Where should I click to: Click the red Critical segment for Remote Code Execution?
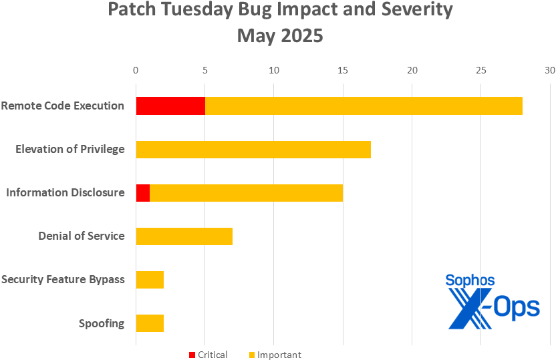coord(170,106)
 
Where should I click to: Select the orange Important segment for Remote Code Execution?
coord(364,106)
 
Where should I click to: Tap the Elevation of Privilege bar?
coord(253,149)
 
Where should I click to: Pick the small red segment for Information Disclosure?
coord(143,192)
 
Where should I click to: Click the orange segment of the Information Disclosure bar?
coord(246,192)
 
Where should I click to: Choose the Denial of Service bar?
coord(184,236)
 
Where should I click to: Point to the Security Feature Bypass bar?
coord(150,279)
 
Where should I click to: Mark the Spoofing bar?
coord(150,323)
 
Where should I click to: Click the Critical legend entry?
coord(208,355)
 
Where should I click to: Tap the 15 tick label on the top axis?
coord(343,69)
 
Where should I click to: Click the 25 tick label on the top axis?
coord(480,69)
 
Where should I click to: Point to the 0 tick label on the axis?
coord(136,69)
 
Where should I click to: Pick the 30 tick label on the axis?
coord(549,69)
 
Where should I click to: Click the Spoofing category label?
coord(102,324)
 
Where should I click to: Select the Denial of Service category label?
coord(82,236)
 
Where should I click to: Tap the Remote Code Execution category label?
coord(63,106)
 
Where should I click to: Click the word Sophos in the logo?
coord(470,281)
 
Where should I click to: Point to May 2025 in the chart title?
coord(280,35)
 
